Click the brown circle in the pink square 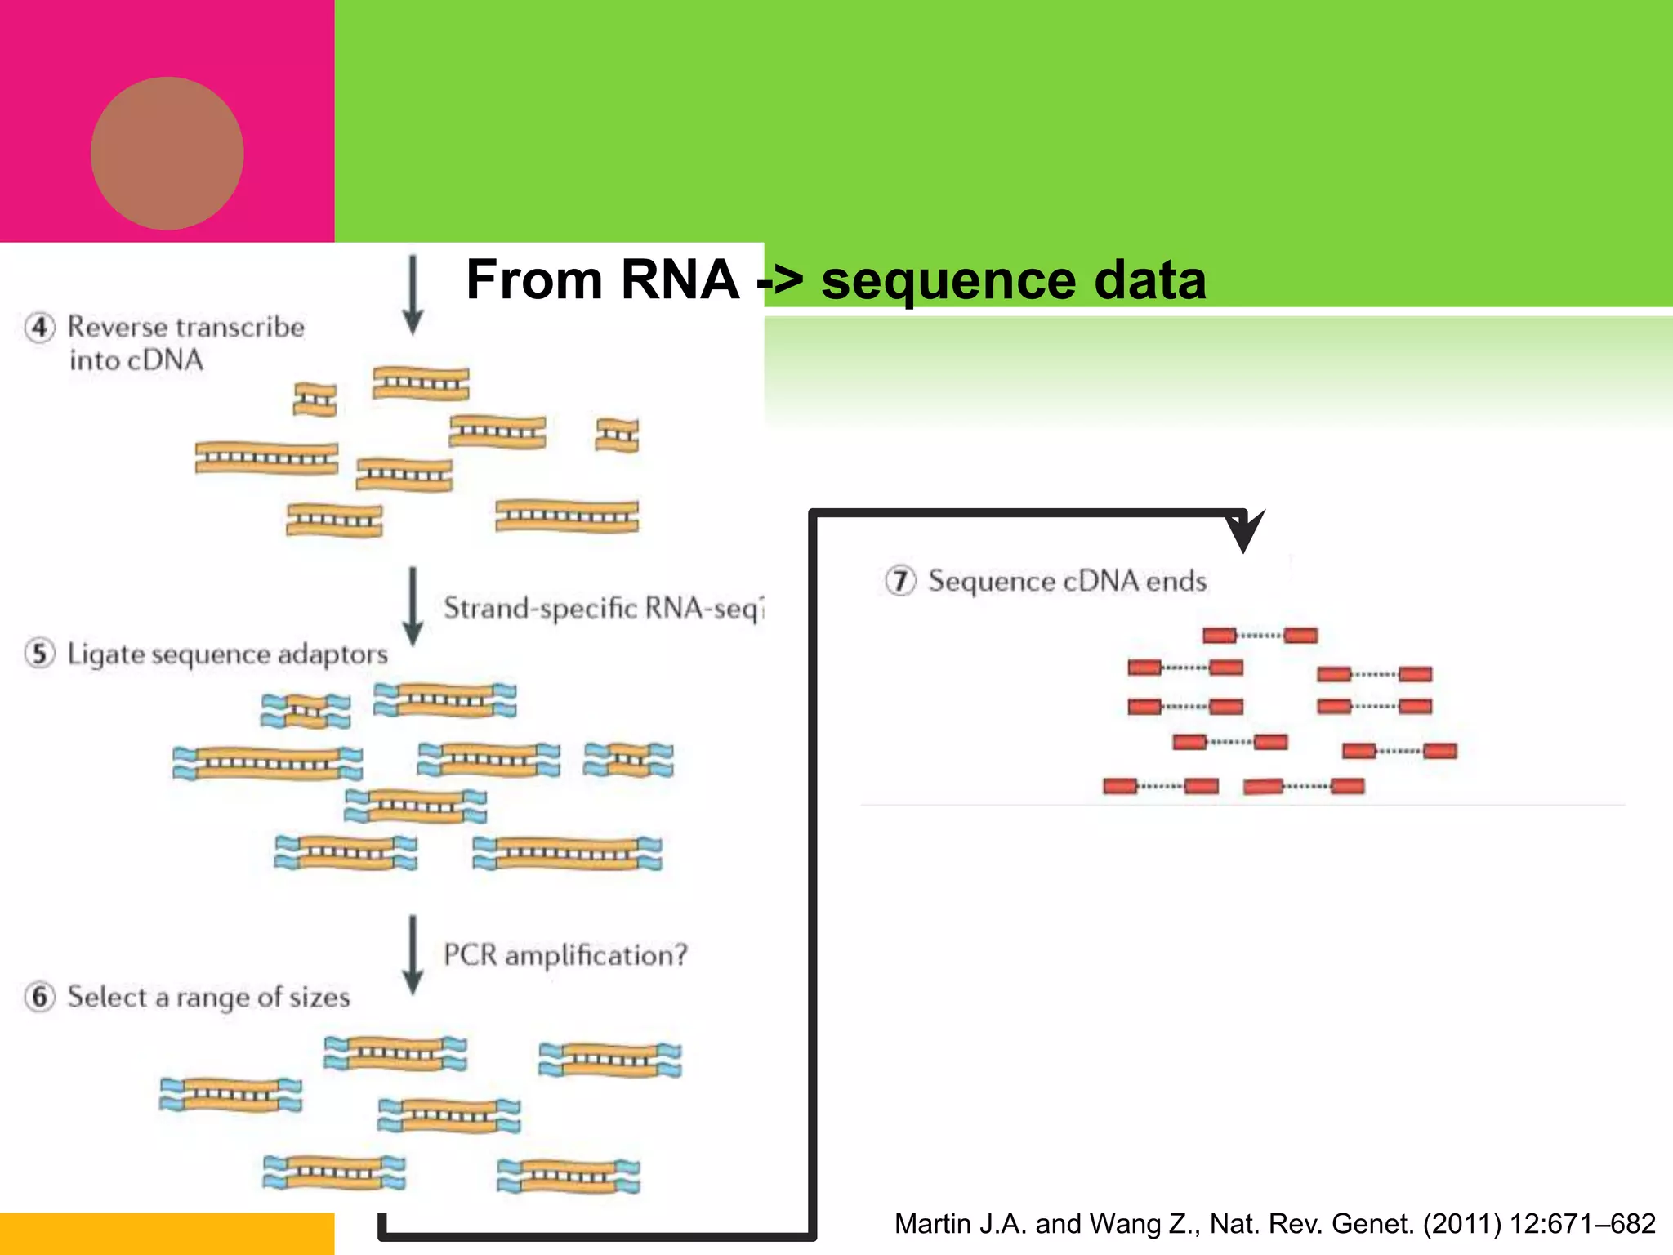point(167,154)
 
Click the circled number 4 point(40,328)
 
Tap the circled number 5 point(40,654)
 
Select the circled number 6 point(40,997)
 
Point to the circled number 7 point(900,581)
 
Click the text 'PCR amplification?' point(565,955)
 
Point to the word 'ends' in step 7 point(1176,582)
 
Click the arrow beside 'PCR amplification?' point(413,954)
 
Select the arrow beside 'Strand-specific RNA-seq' point(413,606)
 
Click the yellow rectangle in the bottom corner point(167,1234)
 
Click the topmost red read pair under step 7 point(1260,636)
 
